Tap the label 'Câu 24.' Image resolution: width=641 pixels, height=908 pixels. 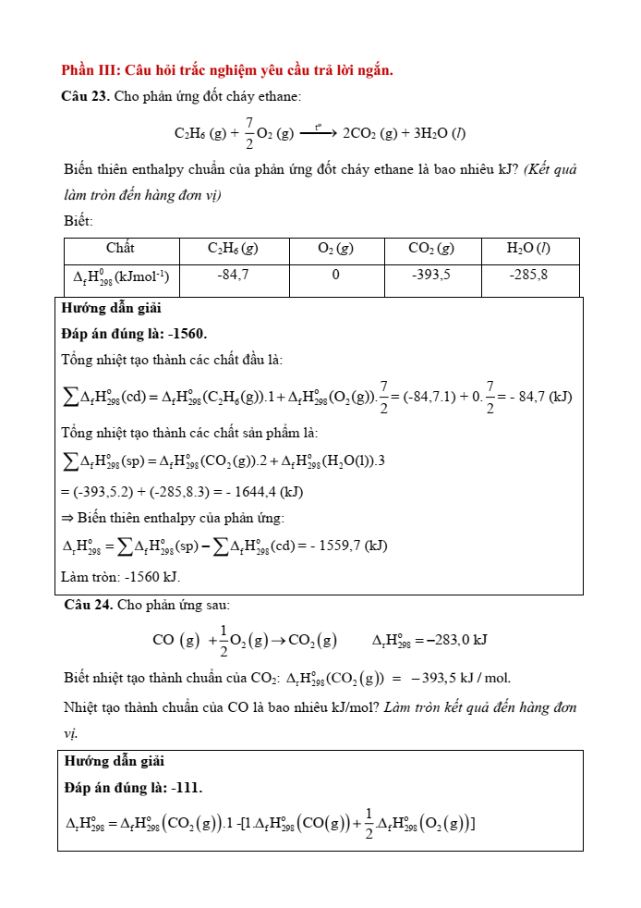coord(89,605)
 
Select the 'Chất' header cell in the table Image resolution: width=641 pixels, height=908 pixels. coord(120,248)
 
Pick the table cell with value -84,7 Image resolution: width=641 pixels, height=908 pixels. coord(233,275)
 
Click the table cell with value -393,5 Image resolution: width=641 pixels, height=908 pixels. coord(431,275)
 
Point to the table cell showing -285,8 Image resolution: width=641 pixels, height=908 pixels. coord(529,275)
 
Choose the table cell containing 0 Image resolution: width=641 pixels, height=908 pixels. coord(335,275)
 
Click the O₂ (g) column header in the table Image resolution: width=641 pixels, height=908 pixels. coord(335,248)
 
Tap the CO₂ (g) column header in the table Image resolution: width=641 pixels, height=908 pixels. coord(431,248)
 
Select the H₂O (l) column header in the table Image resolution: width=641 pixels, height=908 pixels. coord(529,248)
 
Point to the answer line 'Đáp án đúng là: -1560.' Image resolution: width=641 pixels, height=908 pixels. coord(134,334)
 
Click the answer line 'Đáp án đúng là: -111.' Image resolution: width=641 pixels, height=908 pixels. coord(134,788)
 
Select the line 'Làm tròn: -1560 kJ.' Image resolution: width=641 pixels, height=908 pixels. coord(121,577)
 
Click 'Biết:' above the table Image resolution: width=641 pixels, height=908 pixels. coord(79,221)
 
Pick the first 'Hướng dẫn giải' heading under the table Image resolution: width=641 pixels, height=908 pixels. coord(112,309)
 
